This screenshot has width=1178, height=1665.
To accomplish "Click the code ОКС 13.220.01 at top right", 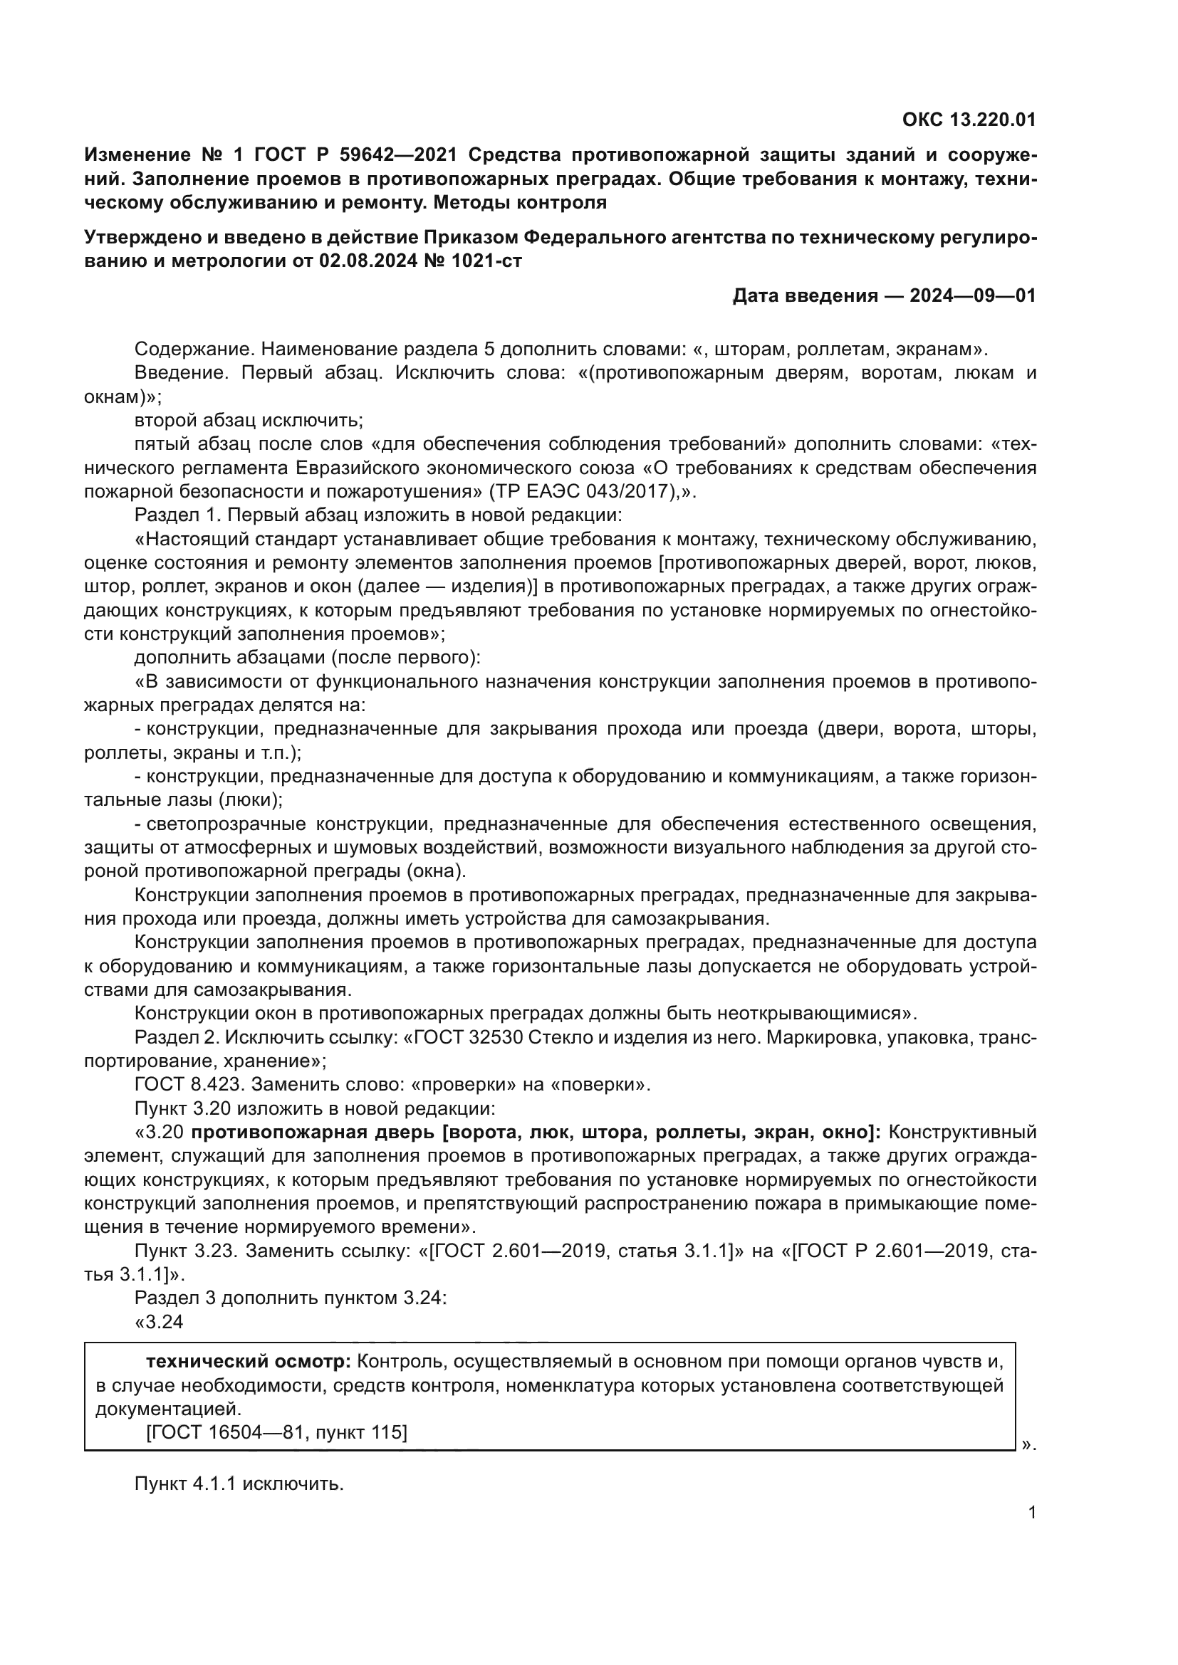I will coord(969,120).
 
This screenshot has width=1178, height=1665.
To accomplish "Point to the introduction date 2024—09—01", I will coord(973,296).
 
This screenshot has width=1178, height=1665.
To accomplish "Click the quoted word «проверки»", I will coord(464,1085).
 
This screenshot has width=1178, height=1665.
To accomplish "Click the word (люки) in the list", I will coord(250,800).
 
